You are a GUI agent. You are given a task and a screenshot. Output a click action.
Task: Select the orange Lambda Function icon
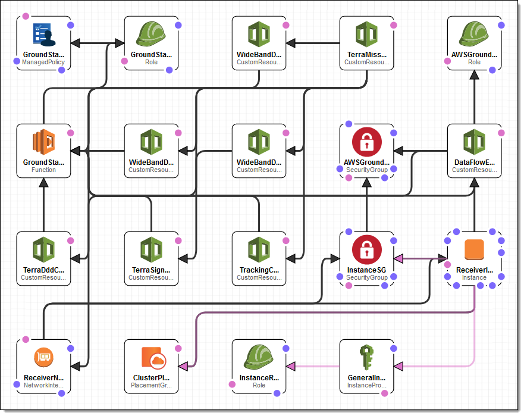43,143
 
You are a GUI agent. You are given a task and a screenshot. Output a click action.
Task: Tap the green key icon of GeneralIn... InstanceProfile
366,358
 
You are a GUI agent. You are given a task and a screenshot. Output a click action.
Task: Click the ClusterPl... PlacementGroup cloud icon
152,358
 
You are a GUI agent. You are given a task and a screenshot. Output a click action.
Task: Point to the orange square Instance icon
474,251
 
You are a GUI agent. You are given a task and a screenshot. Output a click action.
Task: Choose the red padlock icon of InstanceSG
366,251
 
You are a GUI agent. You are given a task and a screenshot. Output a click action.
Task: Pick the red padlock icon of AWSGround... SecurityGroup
366,143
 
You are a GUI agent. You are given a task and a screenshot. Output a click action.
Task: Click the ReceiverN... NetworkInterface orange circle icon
43,358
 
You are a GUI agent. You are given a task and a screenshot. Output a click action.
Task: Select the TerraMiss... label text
366,54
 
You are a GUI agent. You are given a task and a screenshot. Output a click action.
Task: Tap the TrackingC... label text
259,270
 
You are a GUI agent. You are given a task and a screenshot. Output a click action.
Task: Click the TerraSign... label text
151,270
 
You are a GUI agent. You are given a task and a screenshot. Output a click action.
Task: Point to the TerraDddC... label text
43,270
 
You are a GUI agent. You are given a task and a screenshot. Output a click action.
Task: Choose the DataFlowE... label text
474,162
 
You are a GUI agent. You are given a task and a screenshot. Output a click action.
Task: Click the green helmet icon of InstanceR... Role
259,358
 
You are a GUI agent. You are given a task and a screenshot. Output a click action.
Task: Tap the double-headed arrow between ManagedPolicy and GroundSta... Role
97,43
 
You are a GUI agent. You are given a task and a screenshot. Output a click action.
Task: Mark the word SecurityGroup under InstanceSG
366,277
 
